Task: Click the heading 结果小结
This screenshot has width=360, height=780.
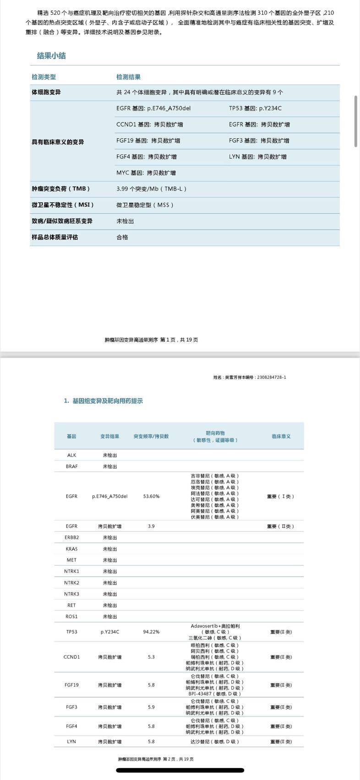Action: pos(51,56)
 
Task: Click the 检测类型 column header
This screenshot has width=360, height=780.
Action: pos(44,77)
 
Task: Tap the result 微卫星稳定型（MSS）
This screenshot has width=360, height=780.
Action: pos(145,205)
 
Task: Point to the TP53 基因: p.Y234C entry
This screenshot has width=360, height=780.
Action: pos(255,108)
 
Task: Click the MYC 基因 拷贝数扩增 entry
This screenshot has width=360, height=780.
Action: pos(146,173)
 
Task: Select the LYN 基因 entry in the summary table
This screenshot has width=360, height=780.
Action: pos(257,157)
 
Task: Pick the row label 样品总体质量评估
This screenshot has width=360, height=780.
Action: pos(55,237)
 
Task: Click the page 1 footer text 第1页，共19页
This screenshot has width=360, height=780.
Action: pos(151,340)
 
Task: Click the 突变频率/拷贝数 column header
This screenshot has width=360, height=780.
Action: pos(151,436)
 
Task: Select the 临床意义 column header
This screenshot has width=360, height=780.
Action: pos(281,436)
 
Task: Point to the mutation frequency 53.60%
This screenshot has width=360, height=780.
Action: pos(151,496)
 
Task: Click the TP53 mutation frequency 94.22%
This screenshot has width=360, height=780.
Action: pos(151,632)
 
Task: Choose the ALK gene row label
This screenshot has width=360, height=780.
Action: pos(71,455)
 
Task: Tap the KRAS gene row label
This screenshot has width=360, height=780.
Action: pos(71,549)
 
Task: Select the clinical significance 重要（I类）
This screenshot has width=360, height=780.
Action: pos(280,496)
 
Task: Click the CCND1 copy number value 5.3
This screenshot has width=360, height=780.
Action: pos(151,657)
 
